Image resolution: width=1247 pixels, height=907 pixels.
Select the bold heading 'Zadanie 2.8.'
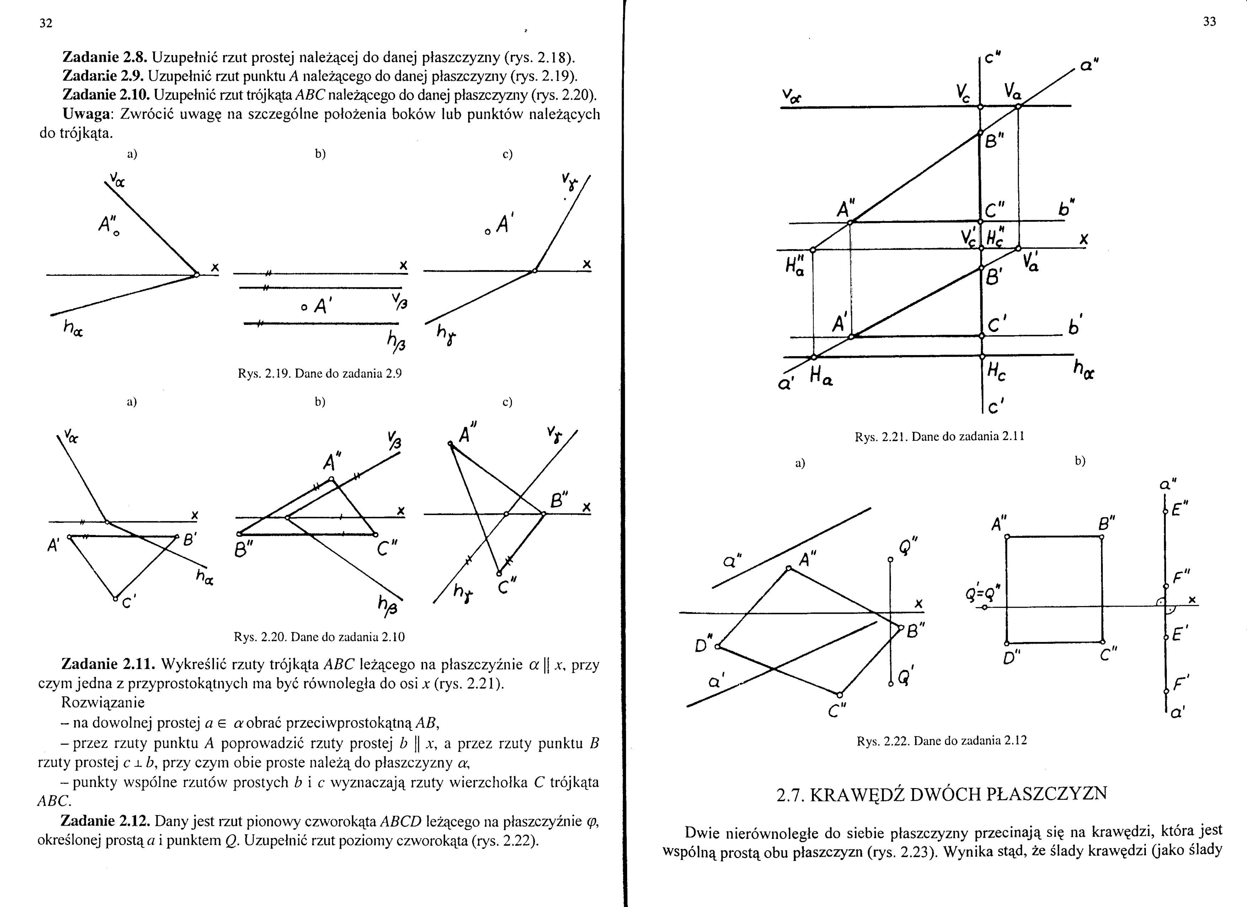click(105, 57)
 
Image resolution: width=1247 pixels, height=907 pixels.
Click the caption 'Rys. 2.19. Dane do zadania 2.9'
click(319, 374)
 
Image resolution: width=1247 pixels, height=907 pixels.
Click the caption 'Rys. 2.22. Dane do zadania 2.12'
click(941, 740)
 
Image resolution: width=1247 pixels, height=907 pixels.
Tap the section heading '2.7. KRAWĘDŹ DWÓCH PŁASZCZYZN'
click(941, 794)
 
